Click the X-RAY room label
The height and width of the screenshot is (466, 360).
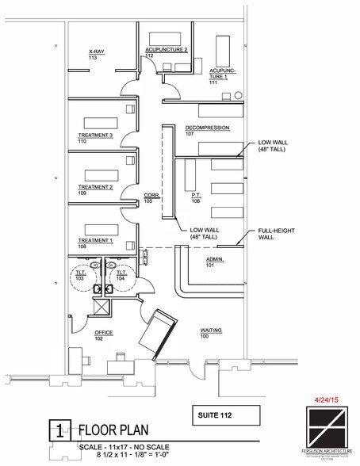[98, 54]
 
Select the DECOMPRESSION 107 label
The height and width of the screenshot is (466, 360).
[207, 129]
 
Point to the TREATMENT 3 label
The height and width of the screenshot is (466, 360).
[95, 138]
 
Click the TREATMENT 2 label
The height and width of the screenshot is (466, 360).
[95, 189]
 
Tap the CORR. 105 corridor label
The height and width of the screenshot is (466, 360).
[152, 197]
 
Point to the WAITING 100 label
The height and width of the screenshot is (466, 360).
[210, 332]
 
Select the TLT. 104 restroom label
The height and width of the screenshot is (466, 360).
[121, 277]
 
